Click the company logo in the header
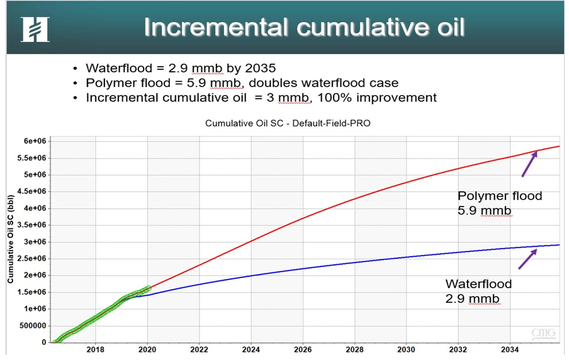click(35, 29)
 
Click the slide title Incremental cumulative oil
click(304, 28)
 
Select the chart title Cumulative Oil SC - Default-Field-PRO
click(288, 123)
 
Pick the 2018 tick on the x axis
click(95, 350)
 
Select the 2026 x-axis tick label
click(303, 350)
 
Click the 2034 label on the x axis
click(510, 350)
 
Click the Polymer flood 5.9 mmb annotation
click(499, 203)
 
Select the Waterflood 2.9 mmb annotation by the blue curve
click(478, 291)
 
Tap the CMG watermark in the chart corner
click(543, 332)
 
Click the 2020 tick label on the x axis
click(147, 350)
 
